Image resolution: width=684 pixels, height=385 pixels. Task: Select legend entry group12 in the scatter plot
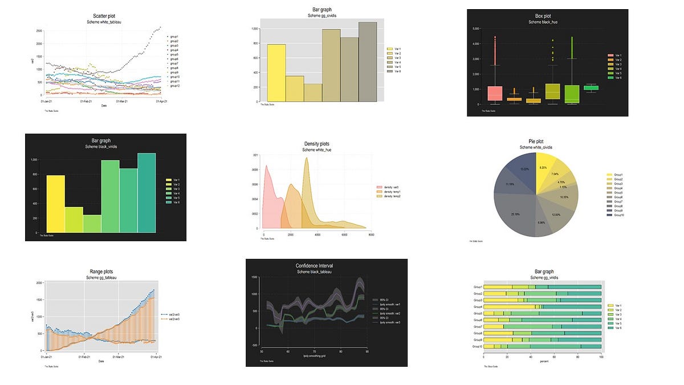(175, 86)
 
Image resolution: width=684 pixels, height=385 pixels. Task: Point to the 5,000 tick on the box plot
(475, 28)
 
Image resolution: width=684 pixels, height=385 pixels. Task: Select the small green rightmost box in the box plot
(591, 87)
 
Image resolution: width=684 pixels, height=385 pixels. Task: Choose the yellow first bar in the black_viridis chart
(55, 204)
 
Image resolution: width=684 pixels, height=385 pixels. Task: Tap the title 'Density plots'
(317, 144)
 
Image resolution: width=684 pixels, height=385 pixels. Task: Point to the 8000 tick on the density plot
(371, 234)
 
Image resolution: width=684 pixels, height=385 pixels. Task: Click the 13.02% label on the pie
(524, 169)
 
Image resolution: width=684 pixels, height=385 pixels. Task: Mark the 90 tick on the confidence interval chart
(367, 352)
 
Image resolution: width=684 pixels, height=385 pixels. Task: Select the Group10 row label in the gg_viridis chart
(478, 346)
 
